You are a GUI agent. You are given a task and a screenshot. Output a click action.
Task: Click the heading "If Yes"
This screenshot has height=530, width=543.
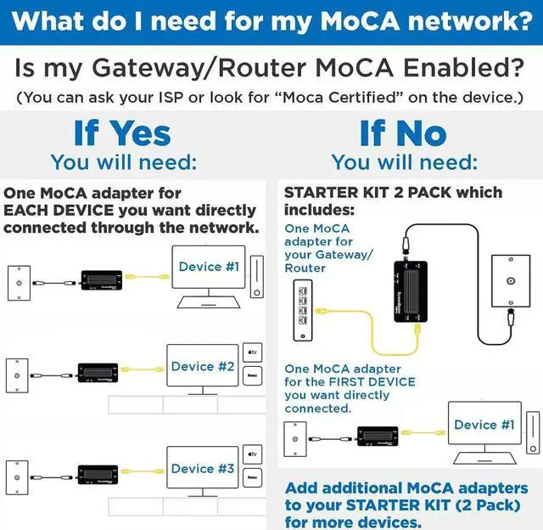tap(122, 133)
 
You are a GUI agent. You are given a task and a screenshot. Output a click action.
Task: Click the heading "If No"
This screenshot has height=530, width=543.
tap(402, 133)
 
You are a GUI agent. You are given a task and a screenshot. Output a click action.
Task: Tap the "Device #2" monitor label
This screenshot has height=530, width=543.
tap(203, 367)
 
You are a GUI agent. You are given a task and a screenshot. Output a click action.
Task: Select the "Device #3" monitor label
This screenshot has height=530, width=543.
tap(203, 469)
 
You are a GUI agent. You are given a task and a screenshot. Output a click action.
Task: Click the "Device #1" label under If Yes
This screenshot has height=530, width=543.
tap(209, 267)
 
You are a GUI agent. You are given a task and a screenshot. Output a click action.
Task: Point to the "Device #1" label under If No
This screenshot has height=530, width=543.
tap(484, 425)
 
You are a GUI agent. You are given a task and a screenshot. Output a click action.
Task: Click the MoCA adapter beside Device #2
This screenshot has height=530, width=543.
tap(98, 373)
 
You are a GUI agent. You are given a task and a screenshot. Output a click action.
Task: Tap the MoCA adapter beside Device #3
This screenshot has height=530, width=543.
tap(98, 475)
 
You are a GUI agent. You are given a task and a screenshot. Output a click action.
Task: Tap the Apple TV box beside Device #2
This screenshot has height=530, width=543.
tap(251, 351)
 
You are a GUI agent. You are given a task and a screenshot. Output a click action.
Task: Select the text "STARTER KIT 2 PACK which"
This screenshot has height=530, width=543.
tap(393, 193)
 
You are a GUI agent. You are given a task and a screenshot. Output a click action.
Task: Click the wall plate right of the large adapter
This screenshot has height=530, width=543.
tap(508, 283)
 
